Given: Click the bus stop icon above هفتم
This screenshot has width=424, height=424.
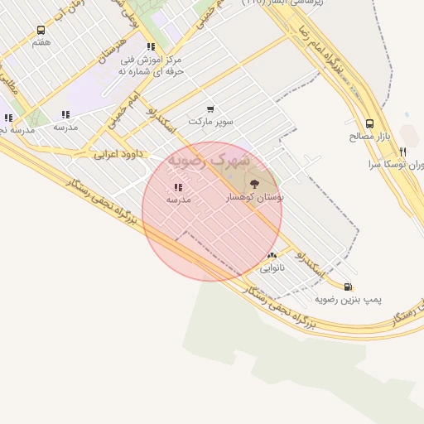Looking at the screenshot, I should tap(41, 31).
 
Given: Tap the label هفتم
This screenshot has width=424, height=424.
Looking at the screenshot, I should tap(41, 42).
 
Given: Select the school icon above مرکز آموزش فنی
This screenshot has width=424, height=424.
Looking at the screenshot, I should tap(150, 47).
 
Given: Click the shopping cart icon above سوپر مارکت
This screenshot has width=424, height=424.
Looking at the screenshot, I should tap(210, 108).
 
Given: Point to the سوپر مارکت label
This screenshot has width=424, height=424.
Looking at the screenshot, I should tap(210, 121).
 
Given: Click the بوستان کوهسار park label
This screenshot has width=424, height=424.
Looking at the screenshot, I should tap(255, 198).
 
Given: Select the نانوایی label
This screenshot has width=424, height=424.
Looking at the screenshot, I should tap(272, 268).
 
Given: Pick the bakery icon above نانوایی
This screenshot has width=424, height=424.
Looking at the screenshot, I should tap(272, 256).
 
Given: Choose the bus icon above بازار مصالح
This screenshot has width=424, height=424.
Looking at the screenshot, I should tap(369, 123).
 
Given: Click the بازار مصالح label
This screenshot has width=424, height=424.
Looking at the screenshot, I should tap(369, 135).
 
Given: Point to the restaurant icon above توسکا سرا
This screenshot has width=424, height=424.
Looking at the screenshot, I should tap(402, 152).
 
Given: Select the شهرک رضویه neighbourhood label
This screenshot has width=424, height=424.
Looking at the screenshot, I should tap(200, 159).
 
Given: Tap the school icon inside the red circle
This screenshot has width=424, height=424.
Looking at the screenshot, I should tap(178, 187).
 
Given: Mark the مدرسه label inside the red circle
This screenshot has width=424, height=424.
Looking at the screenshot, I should tap(178, 200).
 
